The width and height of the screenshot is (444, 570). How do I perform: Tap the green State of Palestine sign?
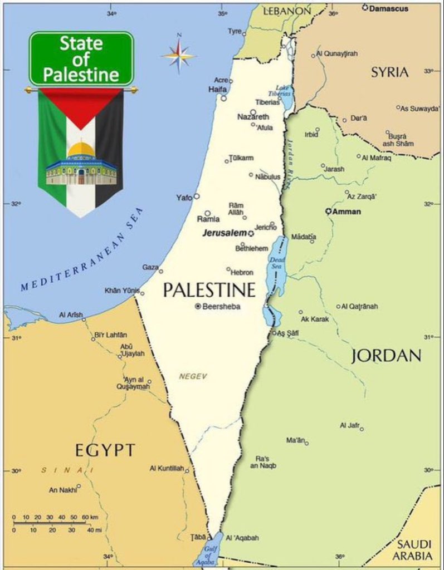(x=81, y=58)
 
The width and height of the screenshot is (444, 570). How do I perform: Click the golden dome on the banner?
(x=81, y=149)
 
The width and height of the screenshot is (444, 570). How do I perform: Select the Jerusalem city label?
(x=224, y=233)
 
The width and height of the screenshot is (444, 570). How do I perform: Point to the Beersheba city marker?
(x=198, y=306)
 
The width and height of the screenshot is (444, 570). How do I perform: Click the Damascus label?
(x=388, y=8)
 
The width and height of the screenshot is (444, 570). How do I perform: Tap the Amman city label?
(x=347, y=212)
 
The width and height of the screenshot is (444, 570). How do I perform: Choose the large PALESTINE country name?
(x=209, y=290)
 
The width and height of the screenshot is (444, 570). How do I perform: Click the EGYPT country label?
(x=105, y=450)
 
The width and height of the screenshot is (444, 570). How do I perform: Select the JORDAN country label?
(x=386, y=356)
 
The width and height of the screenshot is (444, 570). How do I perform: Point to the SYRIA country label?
(x=390, y=72)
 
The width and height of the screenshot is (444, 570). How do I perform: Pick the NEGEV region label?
(x=193, y=376)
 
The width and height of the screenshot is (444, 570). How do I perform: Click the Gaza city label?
(x=150, y=267)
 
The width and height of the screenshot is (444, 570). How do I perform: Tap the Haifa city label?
(x=217, y=89)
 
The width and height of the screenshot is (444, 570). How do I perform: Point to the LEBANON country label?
(x=287, y=11)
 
